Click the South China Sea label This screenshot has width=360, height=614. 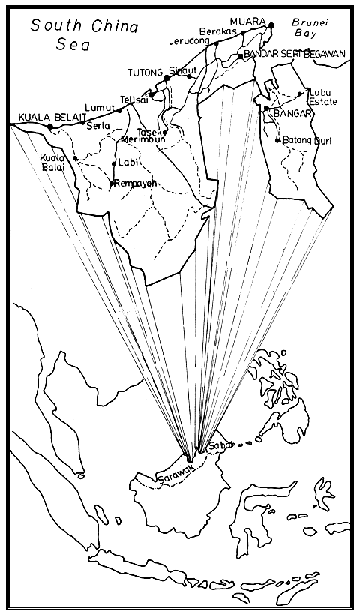[84, 35]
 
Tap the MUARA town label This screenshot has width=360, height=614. [249, 21]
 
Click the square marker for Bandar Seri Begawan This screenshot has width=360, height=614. [240, 55]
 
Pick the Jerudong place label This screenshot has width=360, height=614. [189, 40]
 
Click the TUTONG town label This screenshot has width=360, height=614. [145, 73]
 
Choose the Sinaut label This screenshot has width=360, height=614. [182, 70]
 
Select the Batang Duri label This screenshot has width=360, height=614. [305, 140]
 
